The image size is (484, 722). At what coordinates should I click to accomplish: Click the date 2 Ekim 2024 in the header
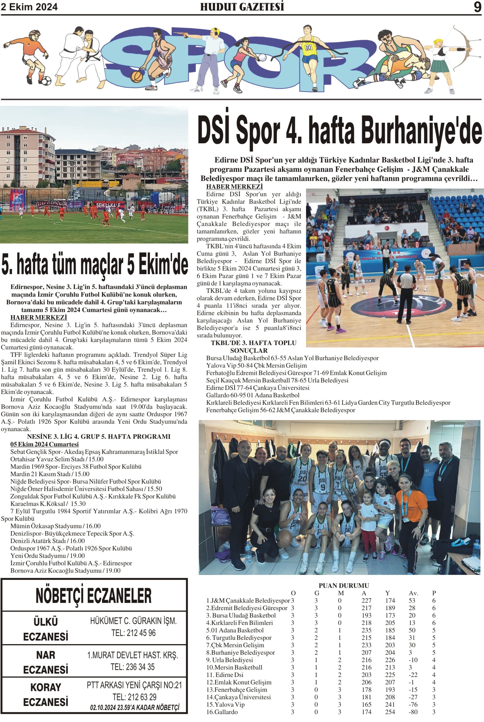(x=29, y=7)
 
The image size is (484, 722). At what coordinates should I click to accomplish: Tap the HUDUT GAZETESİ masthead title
(x=242, y=7)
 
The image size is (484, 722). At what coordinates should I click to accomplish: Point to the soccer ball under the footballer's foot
(x=47, y=81)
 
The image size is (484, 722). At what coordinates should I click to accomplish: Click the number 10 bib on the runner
(x=308, y=48)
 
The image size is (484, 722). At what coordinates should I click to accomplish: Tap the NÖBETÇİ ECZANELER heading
(x=94, y=596)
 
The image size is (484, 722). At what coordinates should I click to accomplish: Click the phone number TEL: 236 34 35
(x=133, y=667)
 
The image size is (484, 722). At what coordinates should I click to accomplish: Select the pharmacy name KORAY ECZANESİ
(x=46, y=694)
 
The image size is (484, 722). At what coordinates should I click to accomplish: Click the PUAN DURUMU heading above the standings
(x=344, y=585)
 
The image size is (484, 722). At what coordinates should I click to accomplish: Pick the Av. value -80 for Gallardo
(x=413, y=712)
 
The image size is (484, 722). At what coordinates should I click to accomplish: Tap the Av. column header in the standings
(x=413, y=593)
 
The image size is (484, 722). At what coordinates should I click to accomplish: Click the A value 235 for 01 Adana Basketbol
(x=366, y=630)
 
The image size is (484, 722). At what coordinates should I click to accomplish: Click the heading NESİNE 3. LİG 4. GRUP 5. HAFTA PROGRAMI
(x=98, y=436)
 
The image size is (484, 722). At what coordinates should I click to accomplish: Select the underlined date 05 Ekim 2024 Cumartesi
(x=45, y=444)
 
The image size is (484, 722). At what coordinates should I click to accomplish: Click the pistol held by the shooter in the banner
(x=186, y=35)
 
